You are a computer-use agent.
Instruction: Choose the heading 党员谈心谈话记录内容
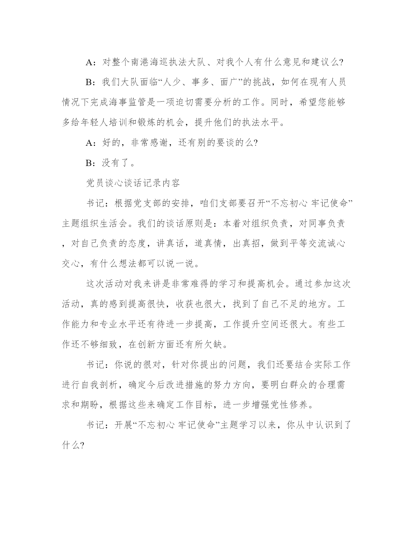coord(133,183)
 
